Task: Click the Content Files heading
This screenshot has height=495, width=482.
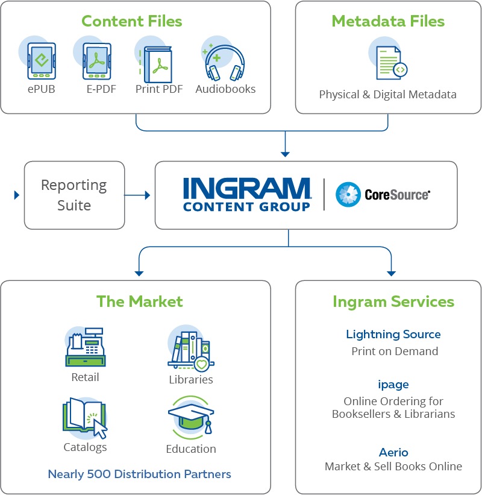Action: coord(132,22)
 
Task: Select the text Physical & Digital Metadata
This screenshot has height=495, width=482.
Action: coord(387,95)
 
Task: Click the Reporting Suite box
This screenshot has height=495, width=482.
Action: coord(74,195)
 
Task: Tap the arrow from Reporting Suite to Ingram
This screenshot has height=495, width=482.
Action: coord(137,195)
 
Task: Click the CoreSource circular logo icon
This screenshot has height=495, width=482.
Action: coord(348,195)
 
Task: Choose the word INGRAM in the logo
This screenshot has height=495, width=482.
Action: coord(247,189)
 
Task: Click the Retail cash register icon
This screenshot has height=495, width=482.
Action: coord(85,348)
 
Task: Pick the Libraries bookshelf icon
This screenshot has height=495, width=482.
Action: coord(190,350)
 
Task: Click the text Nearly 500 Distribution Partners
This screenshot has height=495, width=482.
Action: coord(139,474)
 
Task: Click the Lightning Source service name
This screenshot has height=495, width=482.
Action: coord(393,335)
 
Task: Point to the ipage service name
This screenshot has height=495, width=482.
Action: coord(393,384)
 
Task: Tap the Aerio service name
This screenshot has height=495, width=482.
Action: coord(393,452)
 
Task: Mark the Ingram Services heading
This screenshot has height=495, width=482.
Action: coord(393,301)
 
